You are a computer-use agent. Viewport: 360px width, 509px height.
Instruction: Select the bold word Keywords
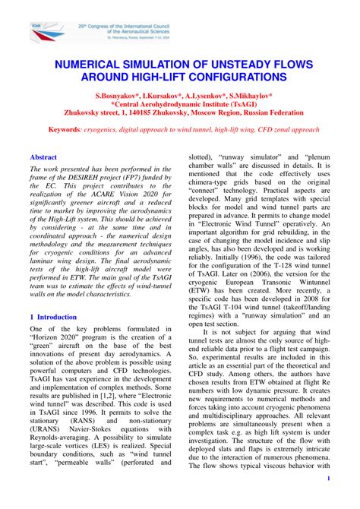[x=69, y=130]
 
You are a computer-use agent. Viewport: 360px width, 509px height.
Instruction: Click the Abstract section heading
[x=44, y=156]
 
